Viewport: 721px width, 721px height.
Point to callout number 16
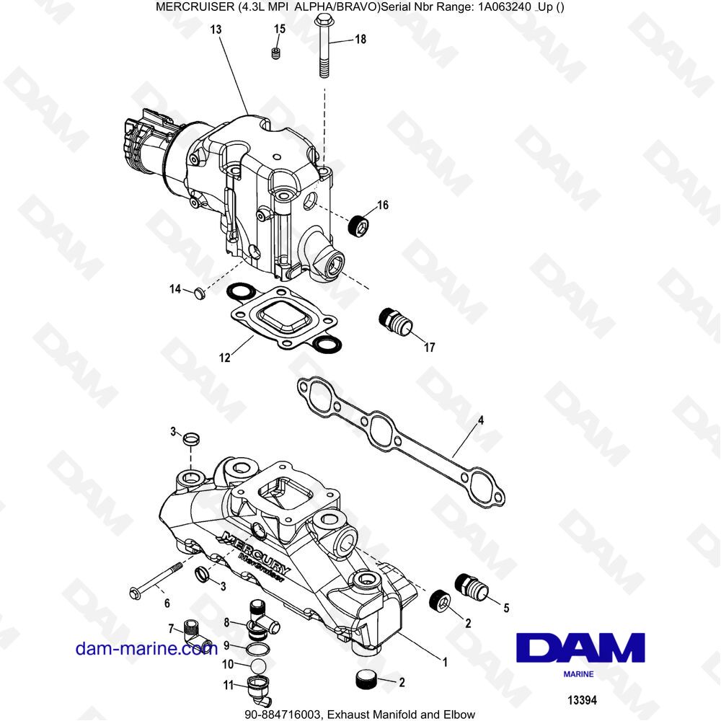click(x=382, y=205)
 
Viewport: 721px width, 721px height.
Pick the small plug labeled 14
click(x=199, y=293)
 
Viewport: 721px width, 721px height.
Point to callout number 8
click(x=226, y=622)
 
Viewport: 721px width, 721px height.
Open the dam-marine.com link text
click(x=146, y=648)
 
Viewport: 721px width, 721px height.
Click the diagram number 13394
click(x=582, y=700)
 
